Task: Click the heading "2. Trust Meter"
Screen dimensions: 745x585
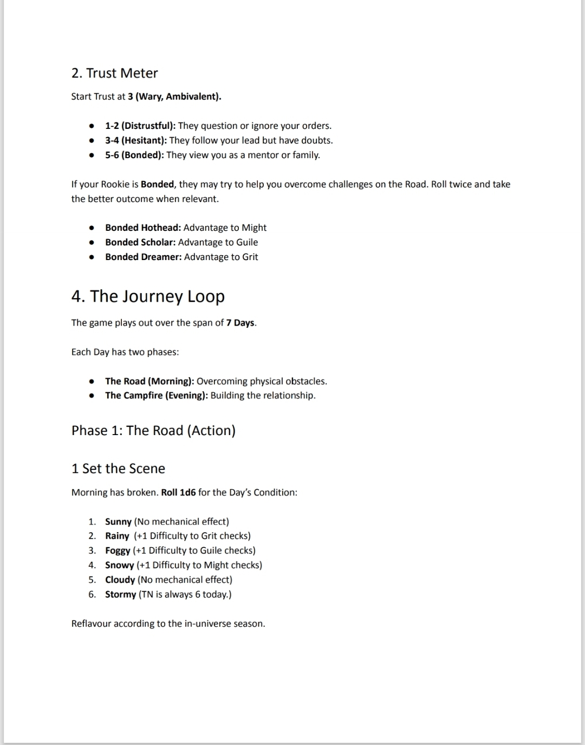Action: point(114,73)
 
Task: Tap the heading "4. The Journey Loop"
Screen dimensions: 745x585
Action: point(147,296)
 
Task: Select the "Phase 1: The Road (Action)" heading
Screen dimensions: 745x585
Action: point(153,431)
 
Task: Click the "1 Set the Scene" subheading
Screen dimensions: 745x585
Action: point(118,469)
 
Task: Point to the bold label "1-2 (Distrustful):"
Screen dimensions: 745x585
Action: point(140,126)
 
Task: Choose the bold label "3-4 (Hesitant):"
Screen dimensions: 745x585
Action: point(136,140)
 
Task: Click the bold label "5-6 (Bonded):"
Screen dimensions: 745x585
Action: point(134,155)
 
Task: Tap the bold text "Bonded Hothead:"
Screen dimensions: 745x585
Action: point(143,228)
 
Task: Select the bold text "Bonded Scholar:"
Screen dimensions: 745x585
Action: point(140,242)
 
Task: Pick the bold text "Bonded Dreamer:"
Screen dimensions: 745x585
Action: point(143,257)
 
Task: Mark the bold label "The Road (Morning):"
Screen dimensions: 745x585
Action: point(149,381)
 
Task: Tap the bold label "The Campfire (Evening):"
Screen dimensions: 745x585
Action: point(157,396)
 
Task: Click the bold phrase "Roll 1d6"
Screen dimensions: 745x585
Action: point(178,493)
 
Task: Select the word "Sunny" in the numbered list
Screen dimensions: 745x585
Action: point(118,522)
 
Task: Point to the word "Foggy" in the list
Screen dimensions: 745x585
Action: point(118,550)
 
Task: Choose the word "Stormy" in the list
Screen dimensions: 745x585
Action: point(120,594)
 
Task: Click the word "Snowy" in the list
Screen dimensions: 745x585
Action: point(119,565)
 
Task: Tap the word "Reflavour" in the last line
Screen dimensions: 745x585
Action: point(91,624)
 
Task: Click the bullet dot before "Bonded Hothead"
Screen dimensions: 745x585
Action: point(93,228)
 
